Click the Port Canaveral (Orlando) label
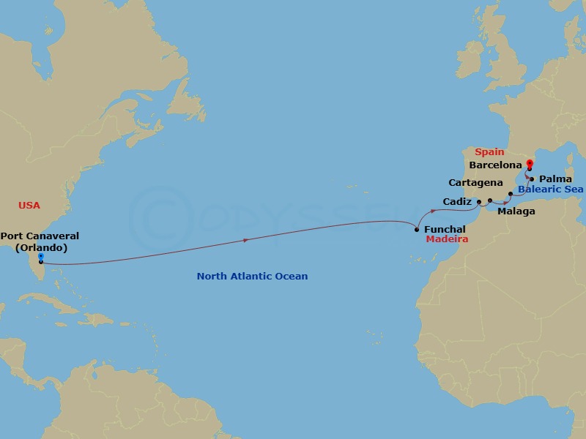40,241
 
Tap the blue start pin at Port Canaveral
40,257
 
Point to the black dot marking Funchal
417,230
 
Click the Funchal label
445,230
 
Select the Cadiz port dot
478,202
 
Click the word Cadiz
457,200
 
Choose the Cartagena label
475,181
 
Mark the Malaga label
516,211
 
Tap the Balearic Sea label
550,190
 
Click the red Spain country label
489,152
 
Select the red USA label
29,205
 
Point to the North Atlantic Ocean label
252,276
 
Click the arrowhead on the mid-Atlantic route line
245,239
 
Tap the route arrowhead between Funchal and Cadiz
434,211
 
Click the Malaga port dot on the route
490,200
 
